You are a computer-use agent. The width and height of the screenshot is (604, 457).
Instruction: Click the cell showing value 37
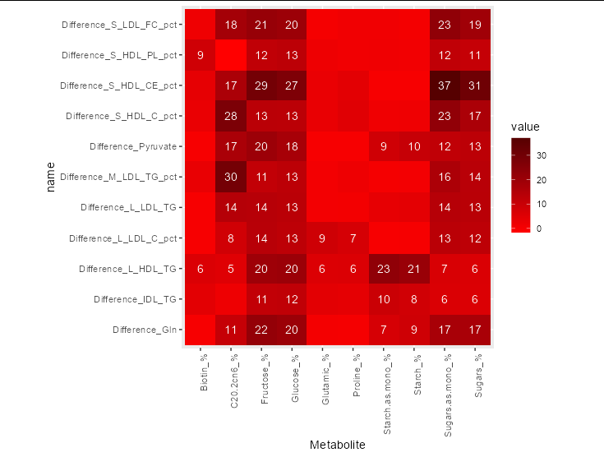[x=445, y=85]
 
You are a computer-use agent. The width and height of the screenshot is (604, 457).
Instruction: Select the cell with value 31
[x=475, y=85]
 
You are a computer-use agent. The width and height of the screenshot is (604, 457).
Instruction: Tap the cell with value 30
[x=231, y=177]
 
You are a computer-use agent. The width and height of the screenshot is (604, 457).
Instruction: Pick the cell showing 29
[x=261, y=85]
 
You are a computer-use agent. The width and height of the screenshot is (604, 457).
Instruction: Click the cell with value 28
[x=231, y=116]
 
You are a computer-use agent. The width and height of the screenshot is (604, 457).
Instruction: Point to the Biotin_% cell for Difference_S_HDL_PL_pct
[x=201, y=55]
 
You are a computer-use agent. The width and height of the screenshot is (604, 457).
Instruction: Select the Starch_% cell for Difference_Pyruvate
[x=414, y=146]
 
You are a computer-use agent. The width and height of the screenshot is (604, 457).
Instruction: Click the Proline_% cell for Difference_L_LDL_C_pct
[x=353, y=238]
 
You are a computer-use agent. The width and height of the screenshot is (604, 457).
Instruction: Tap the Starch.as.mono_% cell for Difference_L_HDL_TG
[x=384, y=269]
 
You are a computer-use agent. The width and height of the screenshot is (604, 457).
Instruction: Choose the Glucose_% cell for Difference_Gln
[x=292, y=330]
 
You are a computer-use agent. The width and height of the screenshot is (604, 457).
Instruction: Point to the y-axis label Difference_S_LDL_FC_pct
[x=119, y=25]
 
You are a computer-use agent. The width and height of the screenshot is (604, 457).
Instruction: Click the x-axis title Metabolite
[x=337, y=445]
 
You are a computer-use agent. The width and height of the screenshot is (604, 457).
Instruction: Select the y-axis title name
[x=51, y=177]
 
